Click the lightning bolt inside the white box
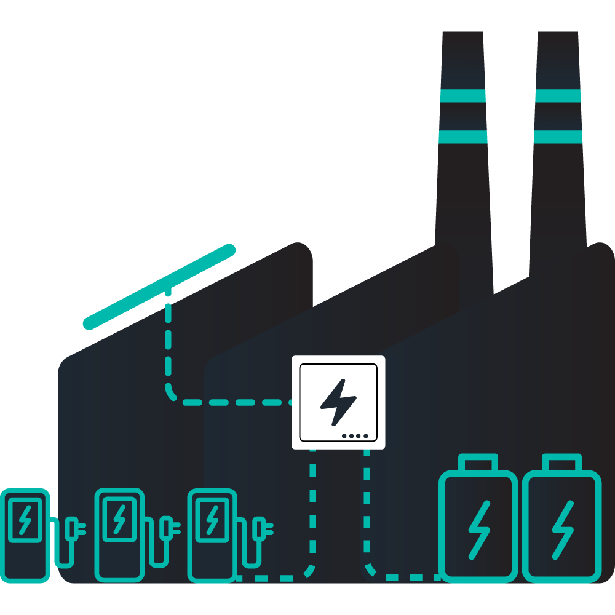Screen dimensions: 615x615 click(338, 402)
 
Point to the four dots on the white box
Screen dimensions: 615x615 click(355, 436)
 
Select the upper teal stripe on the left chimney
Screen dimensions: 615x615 click(462, 96)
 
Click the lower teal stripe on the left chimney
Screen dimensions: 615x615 click(462, 137)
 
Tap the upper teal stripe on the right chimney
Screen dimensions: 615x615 click(558, 96)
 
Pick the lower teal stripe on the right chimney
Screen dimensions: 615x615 click(558, 137)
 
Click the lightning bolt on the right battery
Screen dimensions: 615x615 click(561, 529)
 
